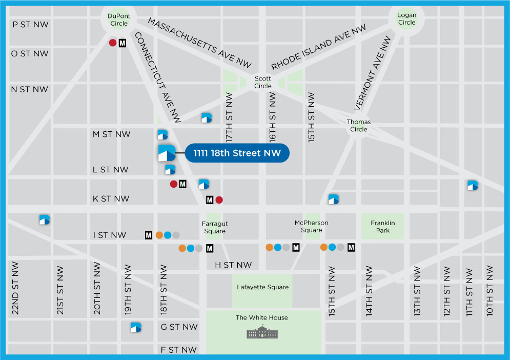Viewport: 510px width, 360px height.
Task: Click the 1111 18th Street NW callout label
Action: [237, 153]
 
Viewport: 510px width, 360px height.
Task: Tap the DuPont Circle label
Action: [119, 19]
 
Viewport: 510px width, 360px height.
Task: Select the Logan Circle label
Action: [406, 19]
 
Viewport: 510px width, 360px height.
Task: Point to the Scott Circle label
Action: [263, 83]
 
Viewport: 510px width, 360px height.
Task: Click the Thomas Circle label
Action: [359, 126]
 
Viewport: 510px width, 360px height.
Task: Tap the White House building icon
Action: [261, 333]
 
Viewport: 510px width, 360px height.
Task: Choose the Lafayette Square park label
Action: [262, 287]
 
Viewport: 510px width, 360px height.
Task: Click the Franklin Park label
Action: [382, 227]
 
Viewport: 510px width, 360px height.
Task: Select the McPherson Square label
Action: [311, 227]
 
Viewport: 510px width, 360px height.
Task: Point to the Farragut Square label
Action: [215, 228]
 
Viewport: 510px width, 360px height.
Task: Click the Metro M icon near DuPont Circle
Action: [123, 43]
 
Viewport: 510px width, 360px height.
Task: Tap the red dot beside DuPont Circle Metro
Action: [113, 43]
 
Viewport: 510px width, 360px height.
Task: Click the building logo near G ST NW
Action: [136, 327]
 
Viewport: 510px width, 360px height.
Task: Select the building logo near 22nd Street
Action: [45, 219]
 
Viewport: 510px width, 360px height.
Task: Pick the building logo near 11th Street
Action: [473, 186]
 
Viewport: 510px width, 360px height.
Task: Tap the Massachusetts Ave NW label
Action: [200, 44]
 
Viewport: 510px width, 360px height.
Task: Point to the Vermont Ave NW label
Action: [373, 73]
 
